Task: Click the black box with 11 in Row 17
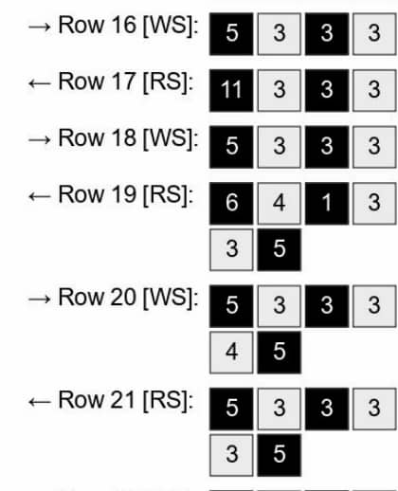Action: tap(231, 90)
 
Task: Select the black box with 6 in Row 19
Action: tap(231, 203)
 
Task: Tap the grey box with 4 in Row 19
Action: tap(280, 203)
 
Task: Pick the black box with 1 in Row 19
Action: tap(327, 203)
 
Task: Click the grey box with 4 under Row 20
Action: tap(231, 353)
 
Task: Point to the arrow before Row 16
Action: tap(39, 27)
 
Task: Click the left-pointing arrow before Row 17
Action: tap(39, 83)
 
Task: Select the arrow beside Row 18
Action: tap(39, 140)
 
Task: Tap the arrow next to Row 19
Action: tap(39, 196)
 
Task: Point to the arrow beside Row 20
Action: tap(39, 300)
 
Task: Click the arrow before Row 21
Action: tap(39, 402)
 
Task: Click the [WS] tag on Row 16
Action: tap(171, 26)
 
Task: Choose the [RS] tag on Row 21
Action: tap(168, 401)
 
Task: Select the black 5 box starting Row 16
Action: tap(231, 34)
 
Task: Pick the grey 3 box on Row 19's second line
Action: tap(231, 250)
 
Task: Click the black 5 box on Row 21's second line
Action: tap(280, 455)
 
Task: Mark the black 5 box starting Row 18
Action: tap(231, 147)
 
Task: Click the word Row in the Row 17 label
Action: tap(81, 82)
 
